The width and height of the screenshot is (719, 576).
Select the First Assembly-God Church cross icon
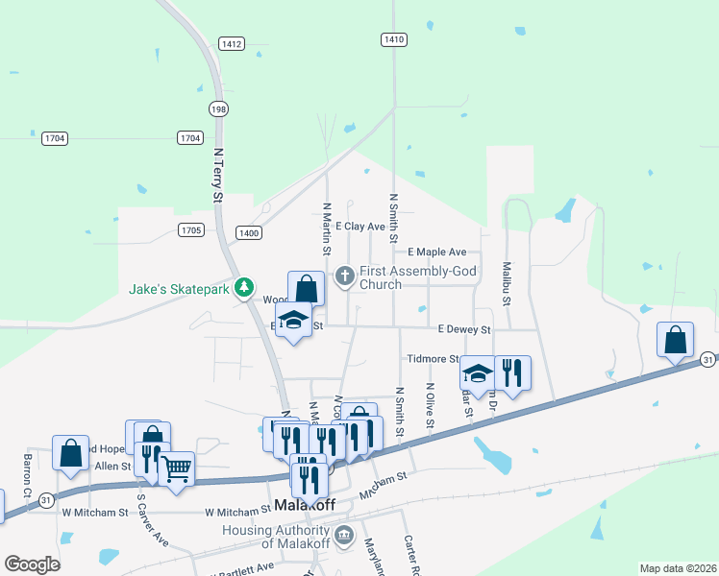(x=345, y=277)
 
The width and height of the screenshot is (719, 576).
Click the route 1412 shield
(x=231, y=43)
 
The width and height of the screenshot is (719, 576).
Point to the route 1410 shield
(x=393, y=39)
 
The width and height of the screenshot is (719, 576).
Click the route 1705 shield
(x=191, y=230)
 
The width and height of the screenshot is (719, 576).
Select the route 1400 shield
(x=250, y=233)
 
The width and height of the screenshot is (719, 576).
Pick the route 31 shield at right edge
(x=707, y=359)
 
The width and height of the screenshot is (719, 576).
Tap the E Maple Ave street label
(x=436, y=252)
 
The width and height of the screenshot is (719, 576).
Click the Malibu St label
(x=506, y=282)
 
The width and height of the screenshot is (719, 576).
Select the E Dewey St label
(x=464, y=329)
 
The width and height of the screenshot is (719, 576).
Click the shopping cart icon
(x=176, y=469)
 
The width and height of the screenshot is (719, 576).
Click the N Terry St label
(x=218, y=176)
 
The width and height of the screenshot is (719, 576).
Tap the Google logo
(x=32, y=564)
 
